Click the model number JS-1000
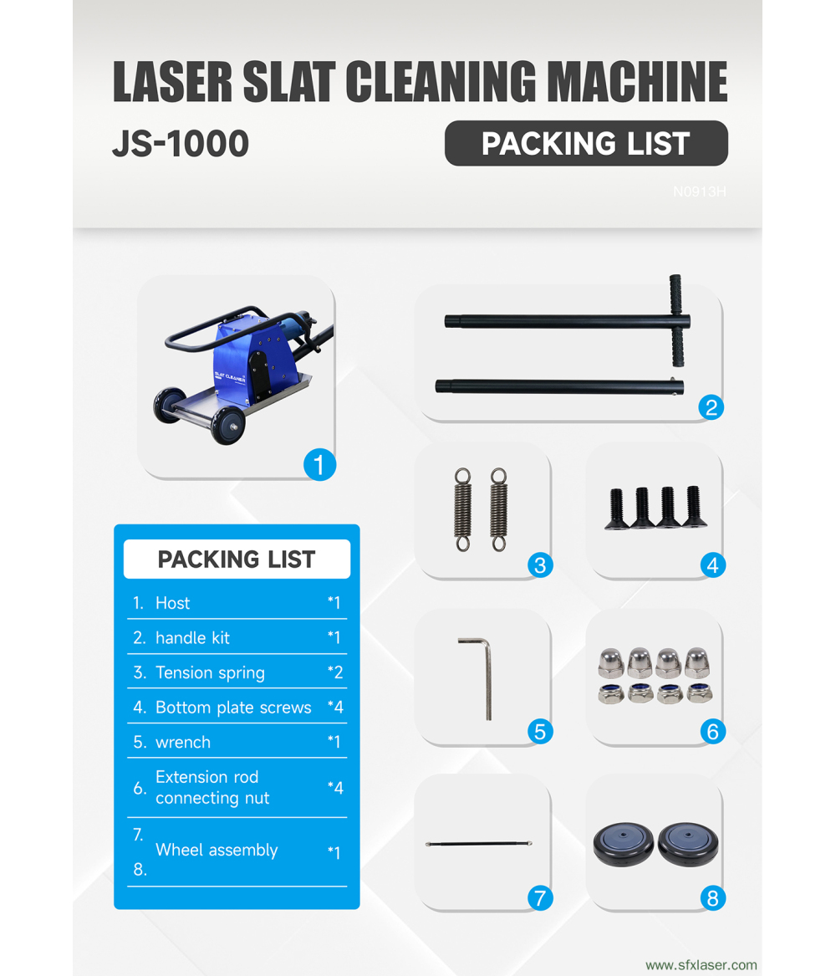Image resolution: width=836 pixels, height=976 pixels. pos(181,144)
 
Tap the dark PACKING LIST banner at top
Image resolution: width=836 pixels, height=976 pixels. pos(585,144)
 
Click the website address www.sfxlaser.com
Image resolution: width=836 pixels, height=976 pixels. pos(701,964)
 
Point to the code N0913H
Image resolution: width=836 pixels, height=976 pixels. pos(699,192)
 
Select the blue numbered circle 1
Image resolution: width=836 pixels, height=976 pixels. pos(319,464)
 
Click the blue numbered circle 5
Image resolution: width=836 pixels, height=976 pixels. pos(540,732)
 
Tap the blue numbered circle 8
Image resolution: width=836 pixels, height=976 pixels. pos(712,898)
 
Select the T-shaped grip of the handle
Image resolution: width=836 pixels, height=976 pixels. pos(675,320)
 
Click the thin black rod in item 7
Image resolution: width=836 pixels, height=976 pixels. pos(479,845)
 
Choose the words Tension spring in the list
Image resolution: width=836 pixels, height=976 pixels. pos(210,672)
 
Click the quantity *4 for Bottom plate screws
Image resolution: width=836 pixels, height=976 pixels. pos(334,708)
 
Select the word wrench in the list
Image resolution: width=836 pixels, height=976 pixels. pos(183,743)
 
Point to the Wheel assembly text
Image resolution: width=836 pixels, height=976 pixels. pos(217,851)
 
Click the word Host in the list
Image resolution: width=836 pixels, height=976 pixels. pos(172,603)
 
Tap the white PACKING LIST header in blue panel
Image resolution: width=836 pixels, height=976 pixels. pos(237,560)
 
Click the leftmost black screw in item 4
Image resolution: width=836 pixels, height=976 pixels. pos(618,509)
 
